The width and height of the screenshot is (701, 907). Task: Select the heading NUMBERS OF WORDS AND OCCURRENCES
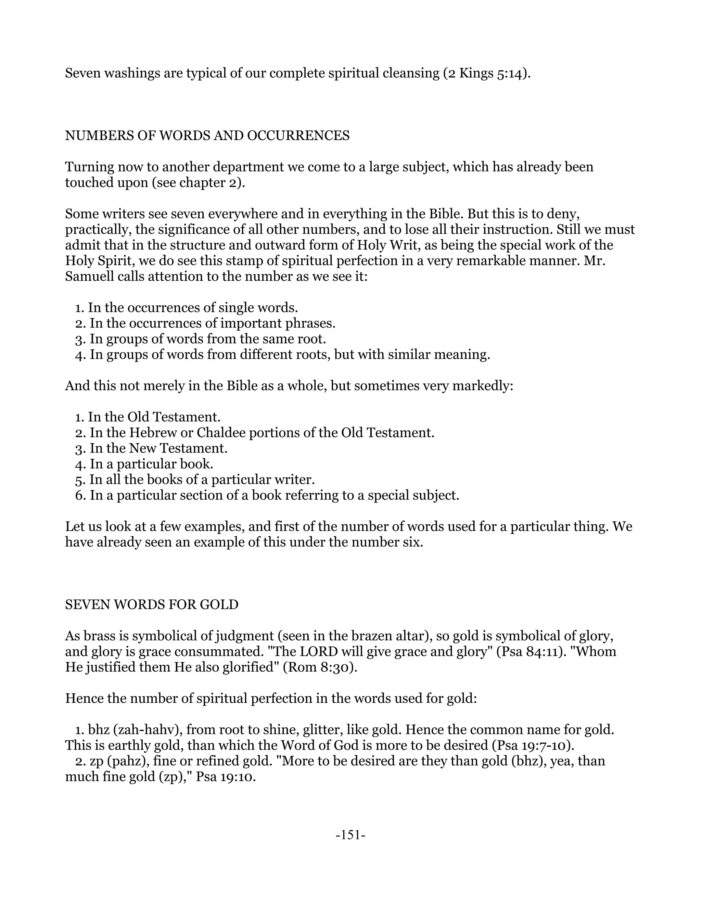[207, 136]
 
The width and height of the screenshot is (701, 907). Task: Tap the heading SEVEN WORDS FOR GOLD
[152, 604]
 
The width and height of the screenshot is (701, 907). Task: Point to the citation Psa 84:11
[526, 652]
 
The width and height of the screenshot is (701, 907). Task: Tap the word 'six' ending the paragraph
[411, 542]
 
